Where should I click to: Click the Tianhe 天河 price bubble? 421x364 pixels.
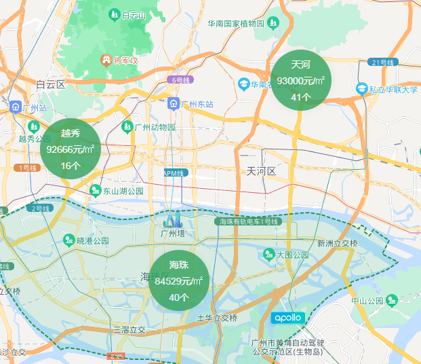pyautogui.click(x=301, y=80)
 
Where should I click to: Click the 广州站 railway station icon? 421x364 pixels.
pyautogui.click(x=15, y=107)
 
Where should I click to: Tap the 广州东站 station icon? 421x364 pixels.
pyautogui.click(x=174, y=104)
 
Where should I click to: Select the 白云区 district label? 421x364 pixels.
pyautogui.click(x=50, y=85)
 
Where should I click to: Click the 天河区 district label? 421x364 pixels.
pyautogui.click(x=261, y=170)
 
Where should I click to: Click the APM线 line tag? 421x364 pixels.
pyautogui.click(x=174, y=173)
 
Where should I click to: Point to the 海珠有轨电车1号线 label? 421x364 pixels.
pyautogui.click(x=247, y=221)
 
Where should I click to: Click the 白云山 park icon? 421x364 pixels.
pyautogui.click(x=113, y=14)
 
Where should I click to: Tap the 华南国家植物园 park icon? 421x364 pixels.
pyautogui.click(x=273, y=23)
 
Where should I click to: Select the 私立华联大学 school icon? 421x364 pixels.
pyautogui.click(x=363, y=89)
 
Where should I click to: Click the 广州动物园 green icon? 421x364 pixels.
pyautogui.click(x=127, y=126)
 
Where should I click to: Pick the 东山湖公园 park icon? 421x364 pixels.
pyautogui.click(x=96, y=191)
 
